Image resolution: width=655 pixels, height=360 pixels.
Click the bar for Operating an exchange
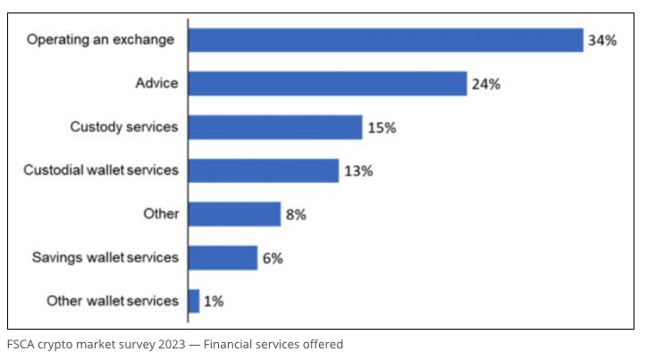pos(386,40)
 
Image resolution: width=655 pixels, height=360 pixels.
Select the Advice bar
pos(328,84)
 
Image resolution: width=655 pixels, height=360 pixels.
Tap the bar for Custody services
pos(275,127)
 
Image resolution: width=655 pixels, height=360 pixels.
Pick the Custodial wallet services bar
pos(264,171)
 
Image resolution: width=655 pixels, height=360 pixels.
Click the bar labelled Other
pos(235,214)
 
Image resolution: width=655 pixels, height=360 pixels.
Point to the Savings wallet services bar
pos(223,258)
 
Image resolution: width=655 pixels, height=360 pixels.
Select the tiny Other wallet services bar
pos(194,301)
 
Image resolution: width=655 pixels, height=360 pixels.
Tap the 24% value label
pos(486,85)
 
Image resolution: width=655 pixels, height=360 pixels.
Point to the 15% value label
pos(382,128)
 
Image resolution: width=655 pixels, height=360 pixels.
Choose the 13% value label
pos(358,172)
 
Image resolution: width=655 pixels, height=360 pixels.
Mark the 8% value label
pos(296,215)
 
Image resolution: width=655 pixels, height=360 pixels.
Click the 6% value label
pos(273,259)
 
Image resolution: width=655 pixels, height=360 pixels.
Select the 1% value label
pos(214,302)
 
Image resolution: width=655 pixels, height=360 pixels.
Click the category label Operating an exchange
pos(100,40)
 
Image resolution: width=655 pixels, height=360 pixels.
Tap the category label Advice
pos(156,84)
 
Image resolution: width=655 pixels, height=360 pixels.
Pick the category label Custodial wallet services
pos(101,171)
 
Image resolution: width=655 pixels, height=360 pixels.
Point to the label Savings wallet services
pos(105,258)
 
